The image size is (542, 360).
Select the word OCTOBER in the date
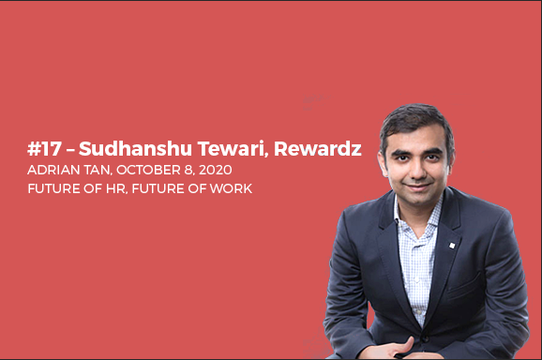click(x=143, y=170)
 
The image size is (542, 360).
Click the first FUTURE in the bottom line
click(x=54, y=187)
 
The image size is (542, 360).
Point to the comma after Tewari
click(x=248, y=156)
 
